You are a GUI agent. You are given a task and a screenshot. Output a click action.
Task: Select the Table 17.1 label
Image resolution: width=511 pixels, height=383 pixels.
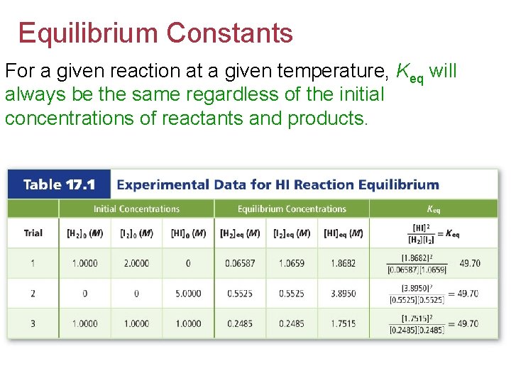tap(60, 185)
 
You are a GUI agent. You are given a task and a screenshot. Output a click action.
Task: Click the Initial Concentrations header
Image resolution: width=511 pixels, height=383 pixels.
tap(136, 209)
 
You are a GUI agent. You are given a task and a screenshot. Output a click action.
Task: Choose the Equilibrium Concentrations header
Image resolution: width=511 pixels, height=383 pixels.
tap(292, 209)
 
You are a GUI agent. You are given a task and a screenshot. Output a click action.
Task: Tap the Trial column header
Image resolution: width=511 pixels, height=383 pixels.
tap(33, 233)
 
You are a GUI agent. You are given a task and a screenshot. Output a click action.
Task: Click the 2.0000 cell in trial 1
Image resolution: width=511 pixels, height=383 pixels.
tap(136, 263)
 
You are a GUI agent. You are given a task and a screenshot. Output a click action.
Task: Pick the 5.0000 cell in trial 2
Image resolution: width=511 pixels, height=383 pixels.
tap(188, 294)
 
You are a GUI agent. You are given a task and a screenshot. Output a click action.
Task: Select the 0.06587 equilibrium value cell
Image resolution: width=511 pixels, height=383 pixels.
tap(240, 263)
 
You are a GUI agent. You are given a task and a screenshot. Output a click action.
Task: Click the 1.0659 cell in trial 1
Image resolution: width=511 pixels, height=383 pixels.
tap(292, 263)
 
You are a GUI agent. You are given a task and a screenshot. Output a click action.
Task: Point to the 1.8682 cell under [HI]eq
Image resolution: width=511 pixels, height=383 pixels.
tap(344, 263)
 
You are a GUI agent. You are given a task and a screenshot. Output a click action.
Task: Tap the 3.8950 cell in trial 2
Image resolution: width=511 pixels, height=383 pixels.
tap(344, 294)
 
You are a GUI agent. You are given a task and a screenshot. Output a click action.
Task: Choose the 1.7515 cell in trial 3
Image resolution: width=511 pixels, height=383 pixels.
tap(344, 324)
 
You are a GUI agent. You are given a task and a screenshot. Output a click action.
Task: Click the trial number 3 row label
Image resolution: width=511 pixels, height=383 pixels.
tap(33, 324)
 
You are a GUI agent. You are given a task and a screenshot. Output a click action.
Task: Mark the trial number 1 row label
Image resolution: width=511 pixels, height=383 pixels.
tap(33, 263)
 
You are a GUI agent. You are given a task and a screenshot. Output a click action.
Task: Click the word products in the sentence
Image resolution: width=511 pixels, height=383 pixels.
tap(327, 118)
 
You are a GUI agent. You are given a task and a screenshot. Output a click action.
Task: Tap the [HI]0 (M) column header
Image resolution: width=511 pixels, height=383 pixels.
tap(188, 233)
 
